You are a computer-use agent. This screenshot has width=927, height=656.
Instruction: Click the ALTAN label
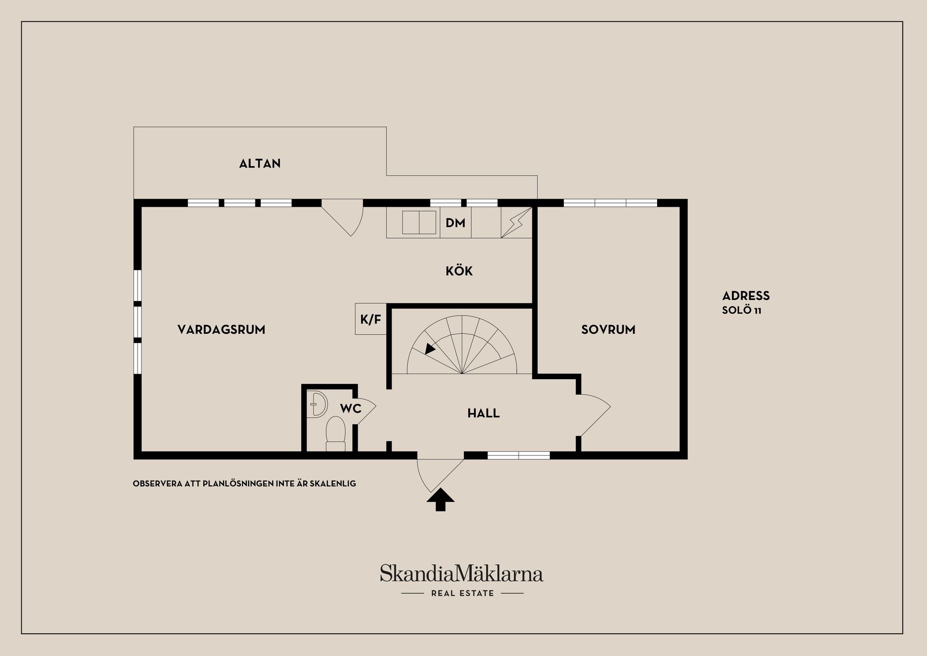(260, 163)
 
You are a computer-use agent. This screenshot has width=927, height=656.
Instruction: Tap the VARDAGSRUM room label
(221, 329)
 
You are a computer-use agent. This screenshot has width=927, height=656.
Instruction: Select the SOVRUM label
(608, 329)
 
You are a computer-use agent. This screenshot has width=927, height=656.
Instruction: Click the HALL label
(483, 413)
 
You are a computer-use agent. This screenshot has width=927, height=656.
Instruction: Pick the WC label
(351, 409)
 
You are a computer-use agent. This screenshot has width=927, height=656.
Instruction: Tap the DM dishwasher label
(455, 223)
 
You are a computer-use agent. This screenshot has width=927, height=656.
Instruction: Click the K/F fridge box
(371, 319)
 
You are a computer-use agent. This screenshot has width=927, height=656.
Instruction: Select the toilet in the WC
(336, 433)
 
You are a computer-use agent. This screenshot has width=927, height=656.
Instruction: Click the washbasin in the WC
(317, 404)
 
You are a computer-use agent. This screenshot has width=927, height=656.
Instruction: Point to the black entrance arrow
(440, 499)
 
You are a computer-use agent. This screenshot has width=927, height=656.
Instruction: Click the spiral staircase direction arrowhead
(429, 349)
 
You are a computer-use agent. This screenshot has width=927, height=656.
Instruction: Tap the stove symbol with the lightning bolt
(516, 222)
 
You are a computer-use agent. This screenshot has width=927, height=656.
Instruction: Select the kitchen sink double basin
(419, 223)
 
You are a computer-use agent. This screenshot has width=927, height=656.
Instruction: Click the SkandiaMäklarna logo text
(462, 573)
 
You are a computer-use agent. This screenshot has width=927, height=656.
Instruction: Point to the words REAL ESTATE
(463, 593)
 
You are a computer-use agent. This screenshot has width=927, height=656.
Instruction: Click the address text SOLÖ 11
(742, 310)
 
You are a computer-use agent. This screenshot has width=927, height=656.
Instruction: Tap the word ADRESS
(746, 296)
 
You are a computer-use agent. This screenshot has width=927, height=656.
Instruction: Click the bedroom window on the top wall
(610, 203)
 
